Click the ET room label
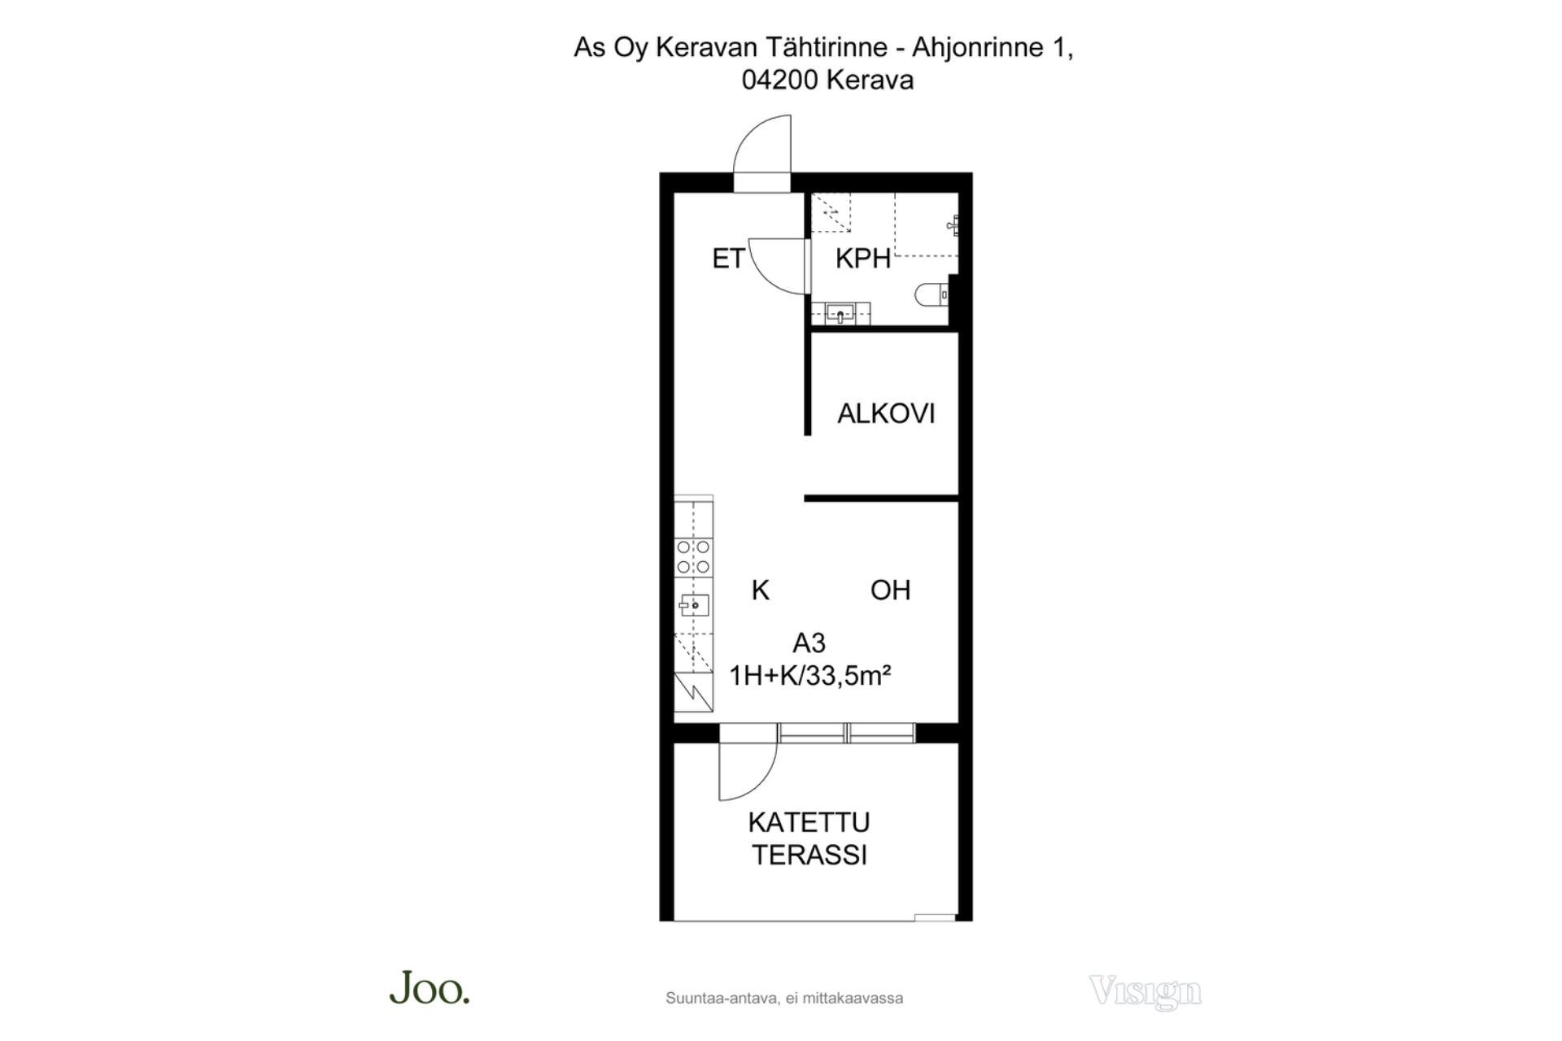pos(728,259)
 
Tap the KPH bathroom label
pos(863,259)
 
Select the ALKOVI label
pos(886,414)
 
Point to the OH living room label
pos(890,590)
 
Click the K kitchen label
pos(761,590)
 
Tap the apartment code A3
pos(809,643)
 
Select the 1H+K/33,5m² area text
pos(810,676)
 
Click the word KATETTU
pos(809,822)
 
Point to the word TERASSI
pos(809,856)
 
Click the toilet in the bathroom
pos(932,294)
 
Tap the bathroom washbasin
pos(840,313)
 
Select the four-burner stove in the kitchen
pos(693,557)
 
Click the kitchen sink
pos(694,606)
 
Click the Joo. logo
pos(430,988)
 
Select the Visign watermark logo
pos(1145,991)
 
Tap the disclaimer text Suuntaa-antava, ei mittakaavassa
pos(784,998)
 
